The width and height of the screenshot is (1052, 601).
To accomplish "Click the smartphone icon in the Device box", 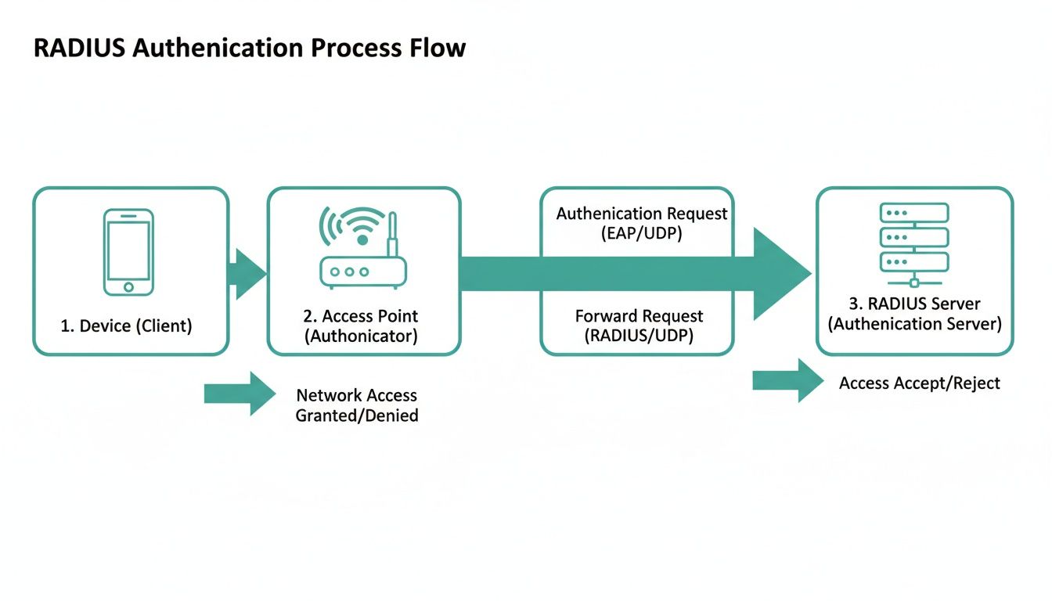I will click(128, 251).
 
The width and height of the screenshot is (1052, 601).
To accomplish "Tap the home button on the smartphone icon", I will click(128, 287).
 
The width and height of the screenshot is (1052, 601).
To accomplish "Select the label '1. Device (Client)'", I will click(126, 326).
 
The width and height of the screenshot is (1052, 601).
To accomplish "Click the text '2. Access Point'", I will click(361, 316).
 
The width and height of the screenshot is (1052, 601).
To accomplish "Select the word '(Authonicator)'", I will click(361, 336).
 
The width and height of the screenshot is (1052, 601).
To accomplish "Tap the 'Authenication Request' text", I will click(642, 214).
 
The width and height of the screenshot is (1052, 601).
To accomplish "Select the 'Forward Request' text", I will click(639, 316).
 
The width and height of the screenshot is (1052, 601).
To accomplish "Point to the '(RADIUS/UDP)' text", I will click(639, 336).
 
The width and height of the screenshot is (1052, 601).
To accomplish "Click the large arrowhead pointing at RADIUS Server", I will click(780, 274).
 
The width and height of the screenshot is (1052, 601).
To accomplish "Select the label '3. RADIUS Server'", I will click(914, 304).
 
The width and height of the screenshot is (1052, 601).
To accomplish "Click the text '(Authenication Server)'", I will click(914, 324).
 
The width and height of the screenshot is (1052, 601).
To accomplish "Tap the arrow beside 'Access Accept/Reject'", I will click(786, 380).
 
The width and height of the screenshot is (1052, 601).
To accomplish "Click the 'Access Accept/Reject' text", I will click(919, 383).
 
